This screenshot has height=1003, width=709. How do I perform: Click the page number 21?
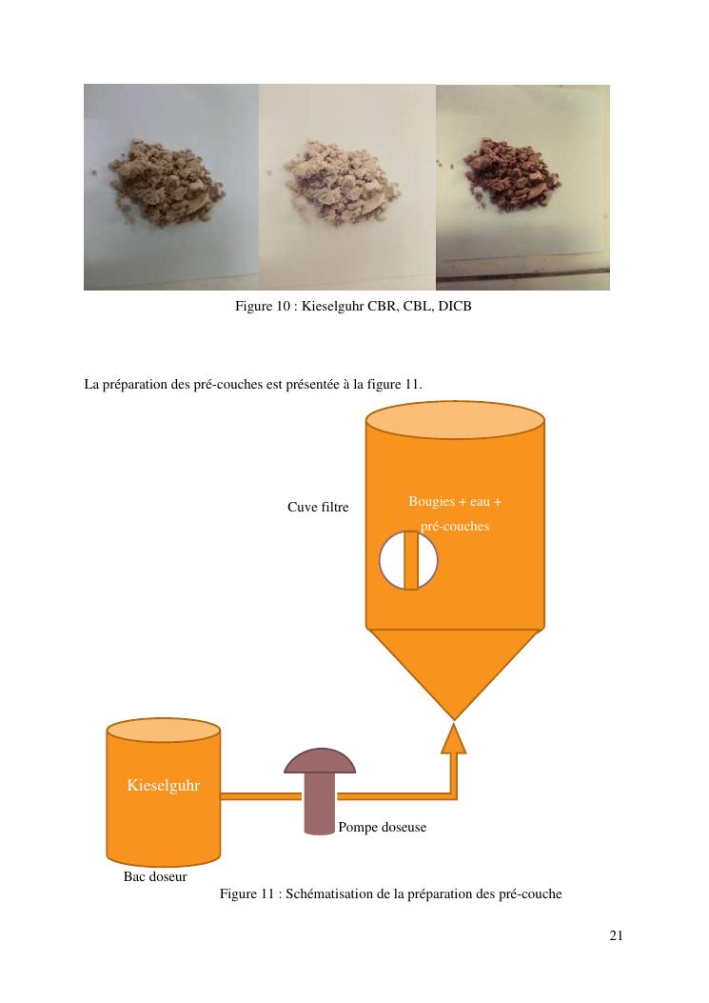[x=616, y=935]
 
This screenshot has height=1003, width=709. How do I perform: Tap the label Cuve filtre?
[x=318, y=508]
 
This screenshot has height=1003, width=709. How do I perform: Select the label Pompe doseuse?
[x=383, y=827]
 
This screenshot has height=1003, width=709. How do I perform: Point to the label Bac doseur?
[x=155, y=877]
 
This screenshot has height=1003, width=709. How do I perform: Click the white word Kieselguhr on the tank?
[x=164, y=786]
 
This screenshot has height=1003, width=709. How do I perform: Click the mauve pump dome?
[x=320, y=761]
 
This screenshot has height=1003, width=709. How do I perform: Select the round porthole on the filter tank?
[x=408, y=561]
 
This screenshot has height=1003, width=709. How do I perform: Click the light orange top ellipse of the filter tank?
[x=455, y=420]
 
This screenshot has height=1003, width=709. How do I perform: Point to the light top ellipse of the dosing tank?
[x=164, y=731]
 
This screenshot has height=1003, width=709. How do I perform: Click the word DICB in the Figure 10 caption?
[x=455, y=307]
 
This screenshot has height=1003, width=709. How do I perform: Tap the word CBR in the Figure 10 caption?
[x=383, y=307]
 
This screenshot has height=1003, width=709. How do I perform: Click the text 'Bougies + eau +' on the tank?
[x=455, y=502]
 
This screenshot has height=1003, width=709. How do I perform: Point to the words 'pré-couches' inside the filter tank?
[x=455, y=527]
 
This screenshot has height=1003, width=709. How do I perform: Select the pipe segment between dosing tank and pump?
[x=261, y=796]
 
